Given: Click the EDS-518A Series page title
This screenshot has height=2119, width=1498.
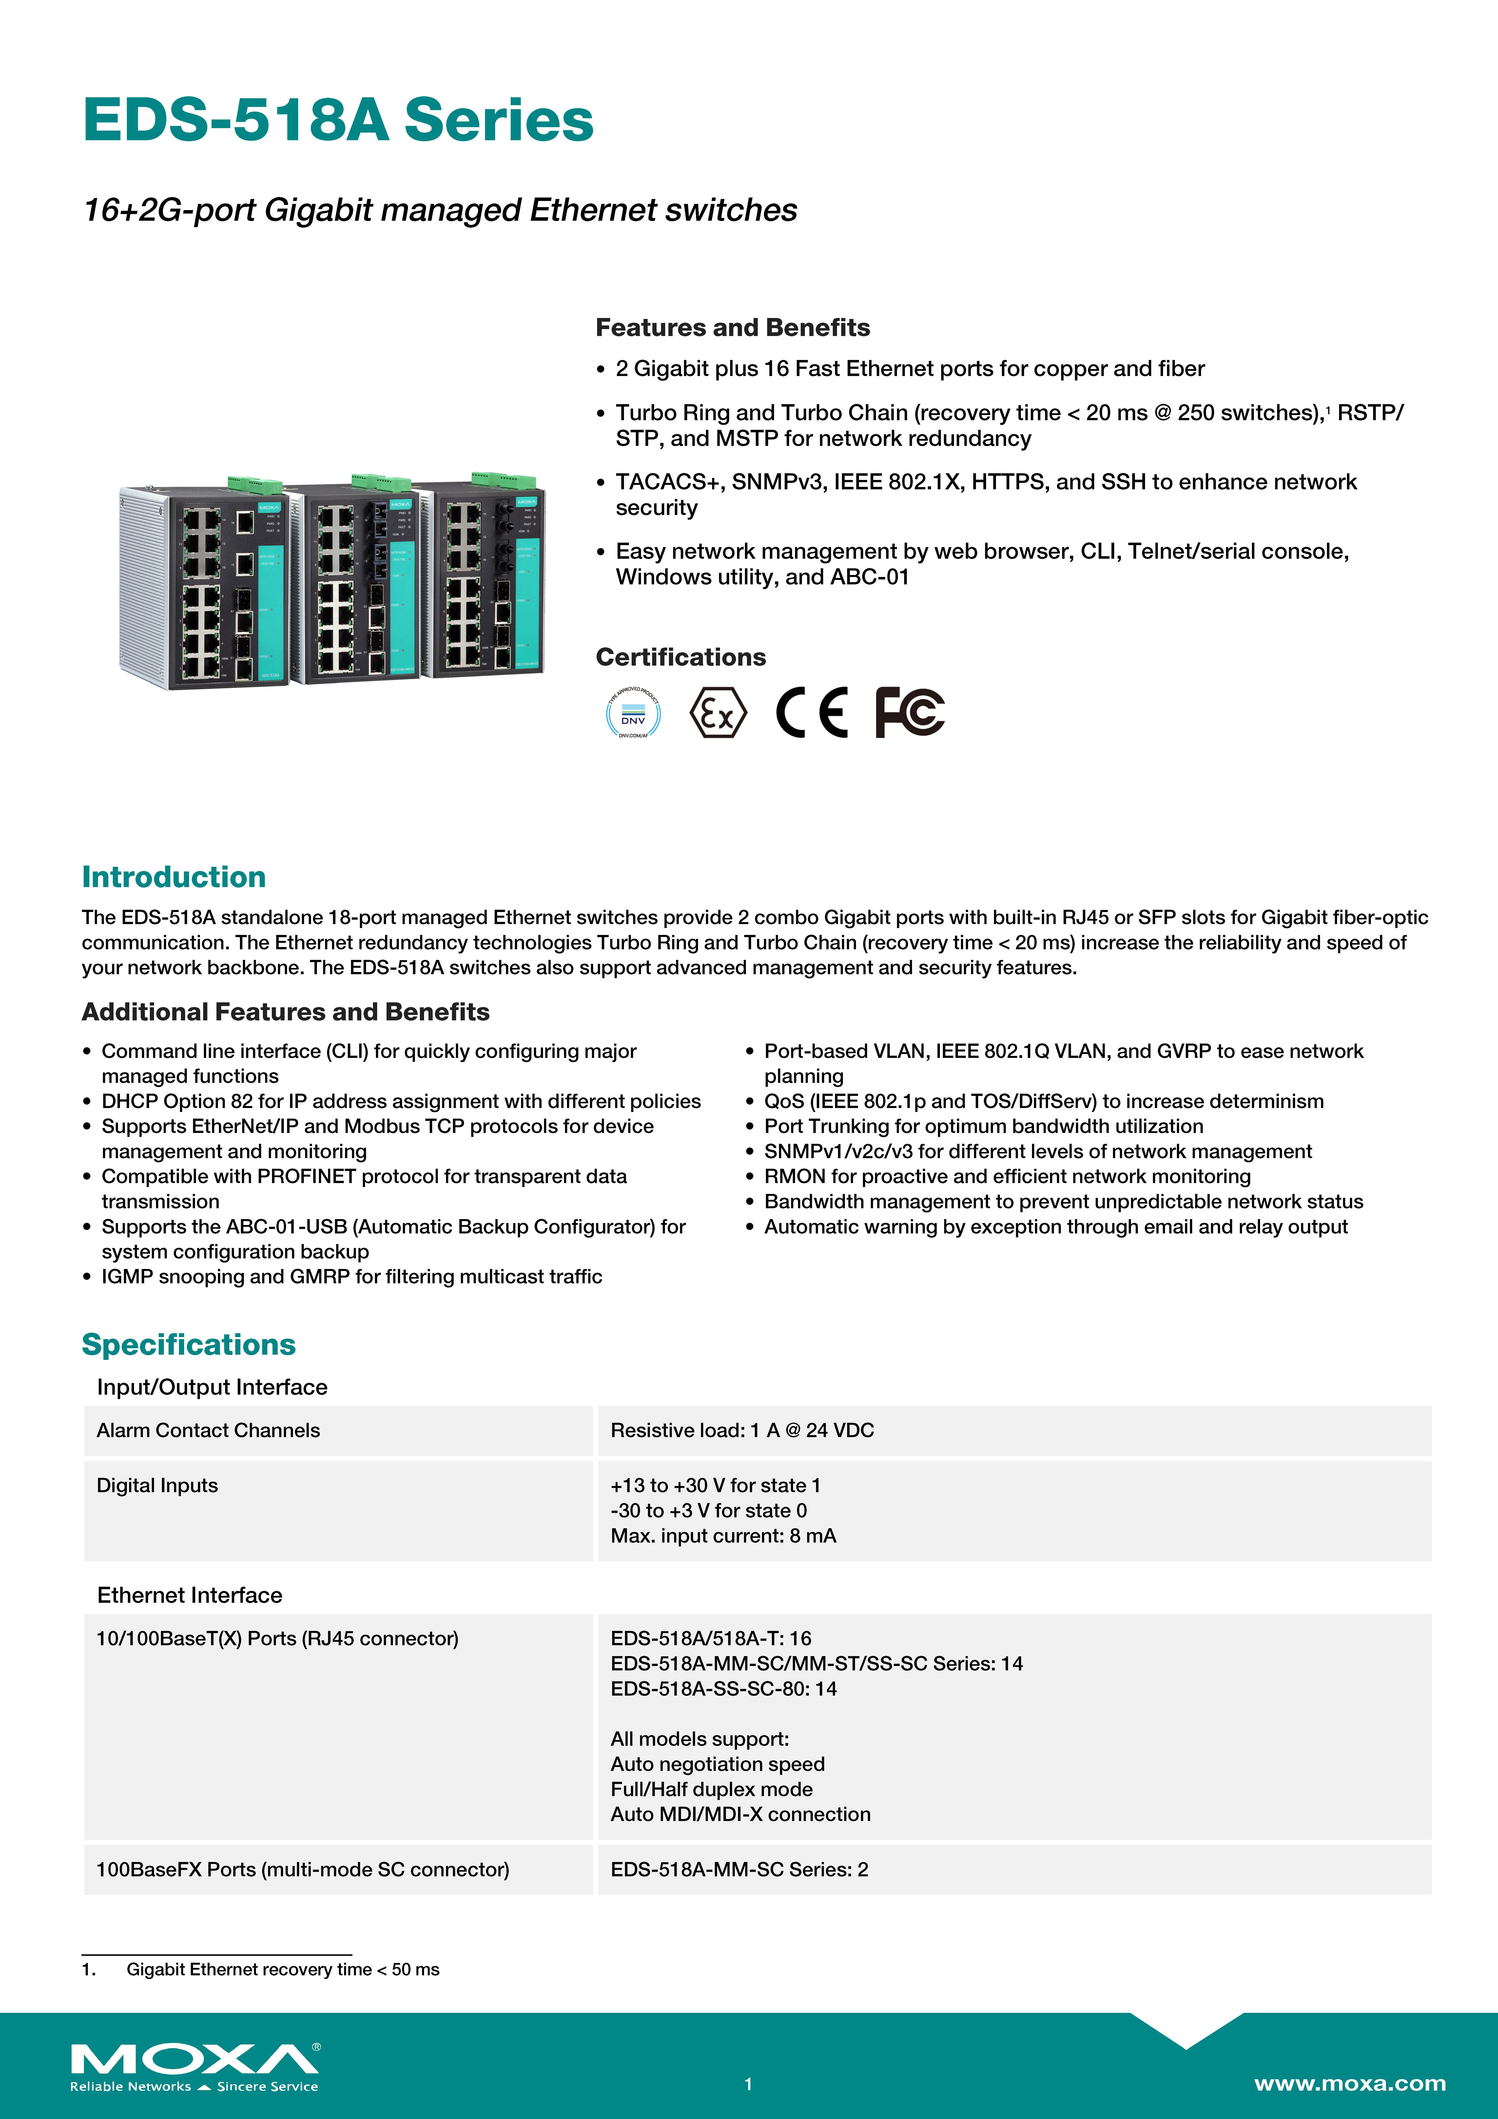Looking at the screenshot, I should [x=338, y=121].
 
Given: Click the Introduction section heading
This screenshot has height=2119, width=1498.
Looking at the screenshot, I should [x=174, y=877].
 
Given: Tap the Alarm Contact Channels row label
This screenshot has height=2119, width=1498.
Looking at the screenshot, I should [x=209, y=1430].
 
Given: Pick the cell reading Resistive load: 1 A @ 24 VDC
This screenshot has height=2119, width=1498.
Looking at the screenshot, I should [x=742, y=1430].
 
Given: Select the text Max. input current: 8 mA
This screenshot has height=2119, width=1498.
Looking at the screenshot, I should [x=724, y=1536].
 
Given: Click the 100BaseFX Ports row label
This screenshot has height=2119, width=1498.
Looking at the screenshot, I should [x=303, y=1870].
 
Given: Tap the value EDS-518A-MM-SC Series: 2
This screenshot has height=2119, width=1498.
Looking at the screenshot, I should [x=739, y=1870].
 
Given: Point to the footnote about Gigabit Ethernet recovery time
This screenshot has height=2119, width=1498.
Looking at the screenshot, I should [x=282, y=1969].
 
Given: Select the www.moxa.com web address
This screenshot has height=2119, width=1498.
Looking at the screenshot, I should [x=1349, y=2083].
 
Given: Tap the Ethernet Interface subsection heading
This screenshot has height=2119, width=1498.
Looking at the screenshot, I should [x=190, y=1596].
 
